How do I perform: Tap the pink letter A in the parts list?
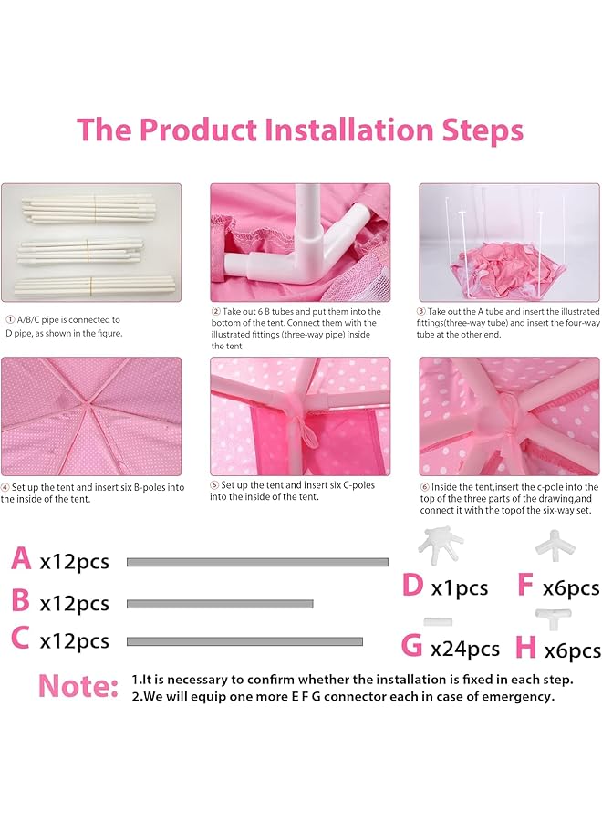pyautogui.click(x=21, y=558)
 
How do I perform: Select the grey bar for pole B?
pyautogui.click(x=220, y=604)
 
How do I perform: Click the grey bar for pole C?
pyautogui.click(x=244, y=641)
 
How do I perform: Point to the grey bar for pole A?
pyautogui.click(x=257, y=562)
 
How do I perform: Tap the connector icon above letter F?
pyautogui.click(x=548, y=546)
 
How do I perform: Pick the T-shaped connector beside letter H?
pyautogui.click(x=548, y=618)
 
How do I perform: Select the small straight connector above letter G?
pyautogui.click(x=438, y=621)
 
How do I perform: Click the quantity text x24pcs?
pyautogui.click(x=465, y=650)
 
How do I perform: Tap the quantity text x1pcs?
pyautogui.click(x=459, y=588)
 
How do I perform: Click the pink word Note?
pyautogui.click(x=78, y=685)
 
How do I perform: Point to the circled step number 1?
pyautogui.click(x=10, y=320)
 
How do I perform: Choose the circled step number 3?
pyautogui.click(x=420, y=312)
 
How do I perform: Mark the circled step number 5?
pyautogui.click(x=214, y=485)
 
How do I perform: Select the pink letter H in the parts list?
pyautogui.click(x=525, y=647)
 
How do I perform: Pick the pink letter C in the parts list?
pyautogui.click(x=20, y=638)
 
